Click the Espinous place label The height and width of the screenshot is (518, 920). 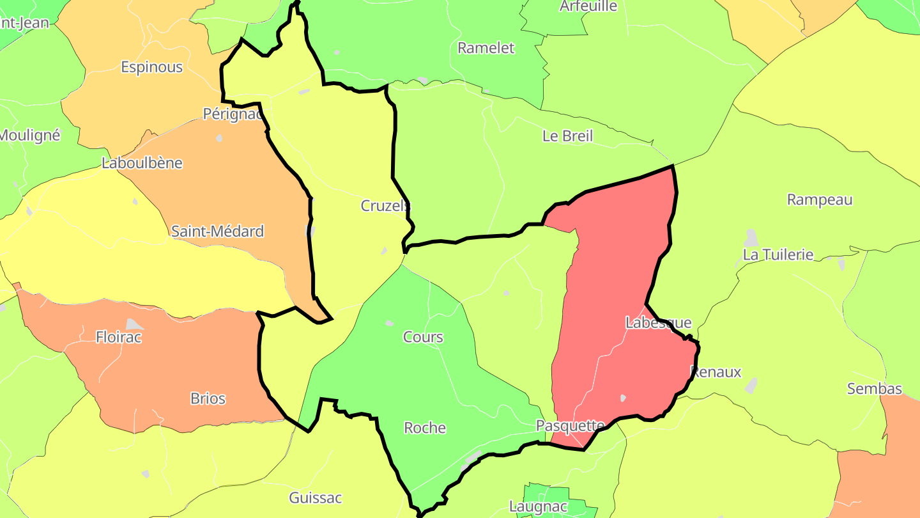(x=152, y=67)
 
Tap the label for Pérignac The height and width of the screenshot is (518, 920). (x=233, y=114)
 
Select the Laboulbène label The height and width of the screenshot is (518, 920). (x=142, y=163)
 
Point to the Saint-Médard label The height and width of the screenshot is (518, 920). (x=217, y=232)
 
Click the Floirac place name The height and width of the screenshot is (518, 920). (x=118, y=337)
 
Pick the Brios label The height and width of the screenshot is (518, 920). (x=208, y=398)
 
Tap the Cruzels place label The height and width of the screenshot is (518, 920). (x=385, y=206)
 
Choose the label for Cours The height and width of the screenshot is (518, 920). (x=423, y=337)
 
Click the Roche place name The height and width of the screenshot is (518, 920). (x=425, y=428)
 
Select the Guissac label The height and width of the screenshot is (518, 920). (x=316, y=498)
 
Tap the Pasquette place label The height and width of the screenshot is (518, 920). (x=570, y=426)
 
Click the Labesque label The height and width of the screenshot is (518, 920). (x=658, y=323)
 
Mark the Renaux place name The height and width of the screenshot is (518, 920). (x=716, y=372)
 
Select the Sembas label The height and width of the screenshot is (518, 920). (x=875, y=389)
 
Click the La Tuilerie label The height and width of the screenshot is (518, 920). (x=778, y=255)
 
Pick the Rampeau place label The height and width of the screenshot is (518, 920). (x=820, y=200)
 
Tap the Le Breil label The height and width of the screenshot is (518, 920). (x=567, y=136)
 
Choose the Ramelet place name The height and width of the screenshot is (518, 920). (x=486, y=48)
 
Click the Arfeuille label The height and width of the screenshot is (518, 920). (x=588, y=6)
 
